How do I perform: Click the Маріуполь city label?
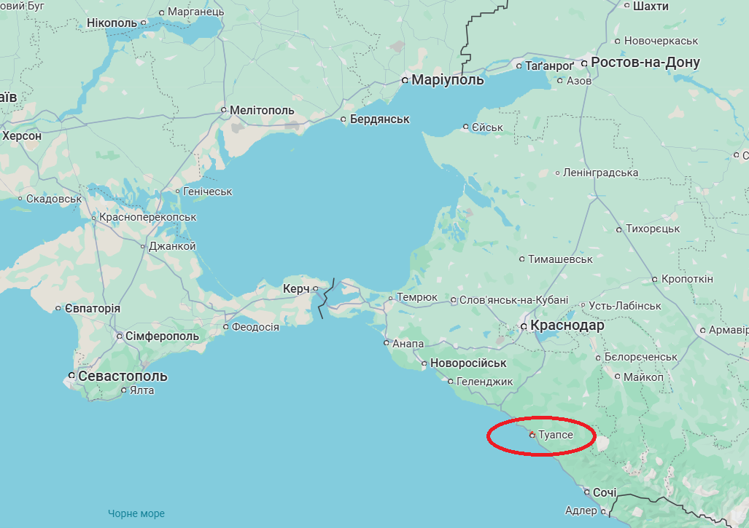[447, 80]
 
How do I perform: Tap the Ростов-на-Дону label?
[645, 63]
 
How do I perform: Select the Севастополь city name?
[123, 377]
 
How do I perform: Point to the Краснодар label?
[568, 326]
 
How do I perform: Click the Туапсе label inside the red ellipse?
[556, 435]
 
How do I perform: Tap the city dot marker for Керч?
[315, 289]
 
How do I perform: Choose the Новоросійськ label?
[468, 363]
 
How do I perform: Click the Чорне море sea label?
[136, 513]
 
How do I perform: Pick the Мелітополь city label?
[262, 111]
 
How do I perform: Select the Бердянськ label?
[379, 119]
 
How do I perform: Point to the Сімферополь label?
[162, 336]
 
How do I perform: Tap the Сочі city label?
[605, 493]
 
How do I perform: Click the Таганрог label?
[550, 66]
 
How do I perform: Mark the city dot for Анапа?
[387, 342]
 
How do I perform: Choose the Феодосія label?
[255, 327]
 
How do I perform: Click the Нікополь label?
[112, 23]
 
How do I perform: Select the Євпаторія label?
[92, 309]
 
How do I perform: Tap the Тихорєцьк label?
[653, 229]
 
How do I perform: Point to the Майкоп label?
[643, 377]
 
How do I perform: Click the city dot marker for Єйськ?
[466, 127]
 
